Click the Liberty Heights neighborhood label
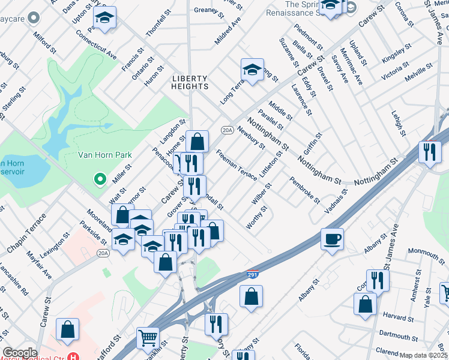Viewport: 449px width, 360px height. coord(190,83)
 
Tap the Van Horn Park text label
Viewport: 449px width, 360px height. coord(105,155)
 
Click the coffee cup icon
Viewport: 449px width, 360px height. coord(332,239)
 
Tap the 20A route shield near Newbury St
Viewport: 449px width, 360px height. coord(227,130)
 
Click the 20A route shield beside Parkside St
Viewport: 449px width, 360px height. coord(104,254)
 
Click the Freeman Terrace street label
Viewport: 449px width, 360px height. coord(237,164)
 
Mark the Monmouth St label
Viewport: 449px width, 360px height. coord(427,251)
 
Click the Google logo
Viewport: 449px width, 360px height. coord(20,353)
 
